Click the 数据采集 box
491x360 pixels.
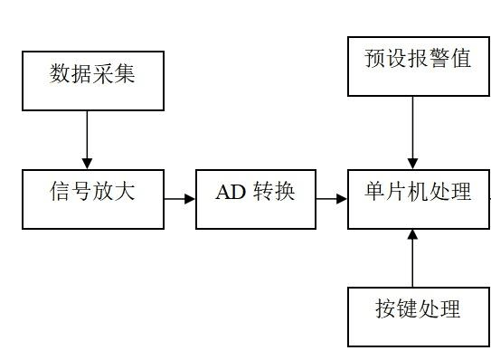coord(93,81)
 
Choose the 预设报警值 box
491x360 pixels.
coord(418,66)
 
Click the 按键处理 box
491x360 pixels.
coord(418,316)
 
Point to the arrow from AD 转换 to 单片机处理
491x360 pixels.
coord(332,198)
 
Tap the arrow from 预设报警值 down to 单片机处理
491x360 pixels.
coord(413,131)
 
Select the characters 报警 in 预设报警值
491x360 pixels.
coord(418,60)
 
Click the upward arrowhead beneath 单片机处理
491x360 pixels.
coord(413,234)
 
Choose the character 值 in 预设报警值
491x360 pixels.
coord(459,60)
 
